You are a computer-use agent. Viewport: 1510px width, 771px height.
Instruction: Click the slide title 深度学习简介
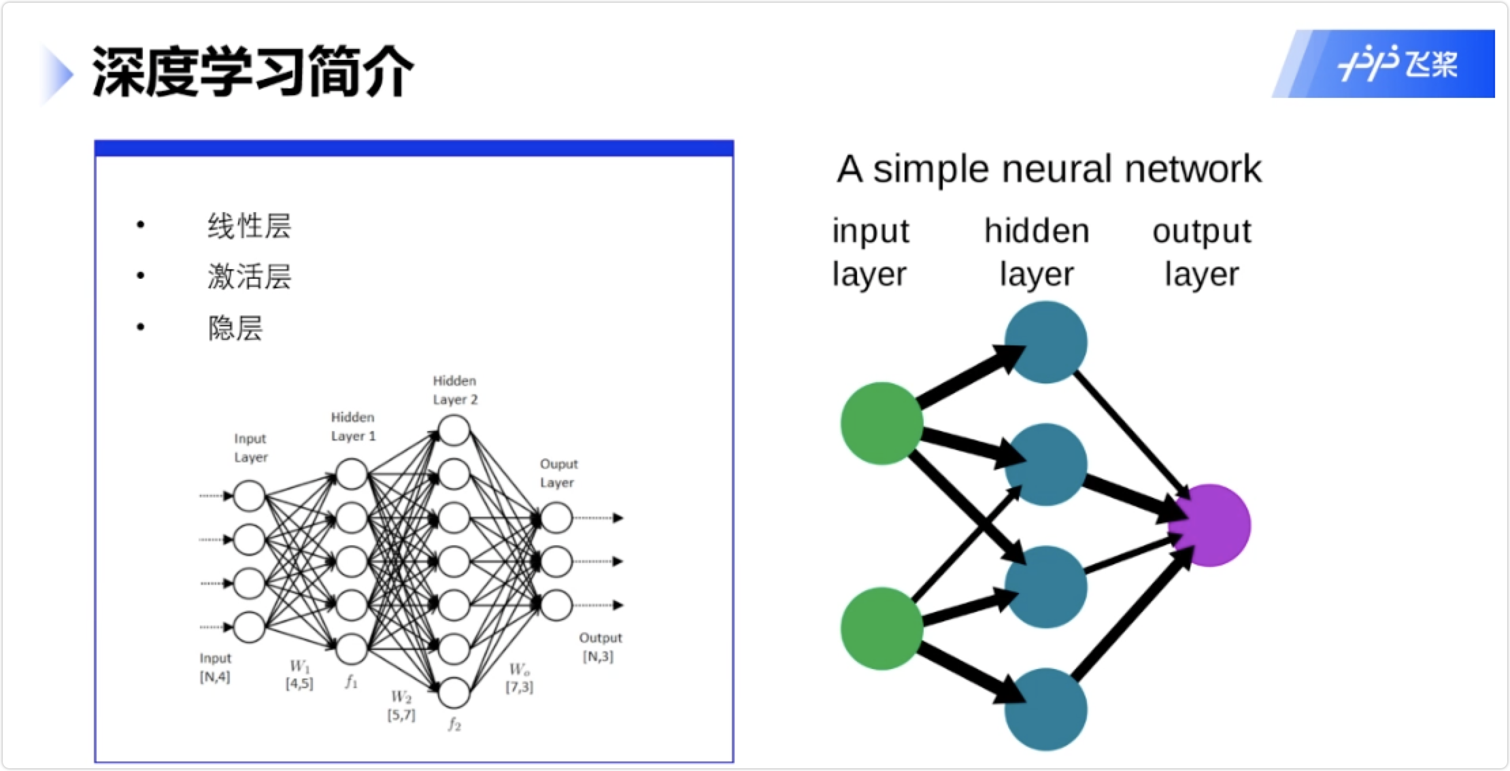click(252, 71)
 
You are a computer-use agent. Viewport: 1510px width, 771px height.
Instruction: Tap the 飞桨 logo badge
click(1383, 64)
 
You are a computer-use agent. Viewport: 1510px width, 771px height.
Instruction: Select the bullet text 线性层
click(250, 226)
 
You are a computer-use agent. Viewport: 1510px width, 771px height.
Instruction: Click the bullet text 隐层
click(235, 328)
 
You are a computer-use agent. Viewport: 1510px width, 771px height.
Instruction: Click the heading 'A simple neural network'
click(1049, 169)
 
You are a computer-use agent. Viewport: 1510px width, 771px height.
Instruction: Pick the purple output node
click(1210, 526)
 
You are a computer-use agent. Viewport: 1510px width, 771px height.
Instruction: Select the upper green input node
click(882, 423)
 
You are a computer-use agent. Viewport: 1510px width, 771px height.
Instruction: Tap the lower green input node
click(882, 628)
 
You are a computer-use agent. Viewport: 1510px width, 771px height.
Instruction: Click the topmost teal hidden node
click(1046, 342)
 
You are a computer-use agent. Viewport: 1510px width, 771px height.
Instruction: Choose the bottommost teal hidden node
click(1046, 709)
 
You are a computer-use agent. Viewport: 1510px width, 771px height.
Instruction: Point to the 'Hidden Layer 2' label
click(455, 390)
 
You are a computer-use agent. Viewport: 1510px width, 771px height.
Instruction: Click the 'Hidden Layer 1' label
click(353, 427)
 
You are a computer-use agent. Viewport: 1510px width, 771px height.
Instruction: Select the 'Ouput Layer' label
click(558, 473)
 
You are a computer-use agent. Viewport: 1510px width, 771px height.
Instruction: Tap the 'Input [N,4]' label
click(215, 668)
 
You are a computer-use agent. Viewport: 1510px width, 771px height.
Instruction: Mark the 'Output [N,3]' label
click(600, 647)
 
